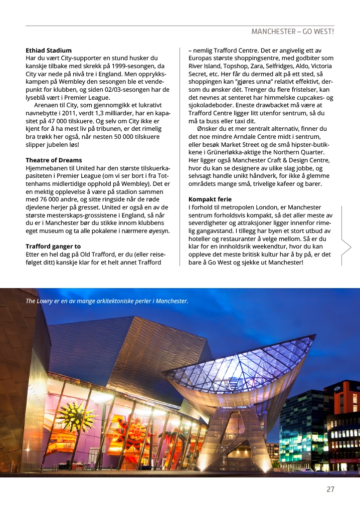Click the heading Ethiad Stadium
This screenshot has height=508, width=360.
[49, 51]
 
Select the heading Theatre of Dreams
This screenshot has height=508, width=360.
[54, 160]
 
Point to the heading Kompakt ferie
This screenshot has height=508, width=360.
[210, 199]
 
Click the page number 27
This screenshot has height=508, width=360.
[330, 489]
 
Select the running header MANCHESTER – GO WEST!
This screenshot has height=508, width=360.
[292, 32]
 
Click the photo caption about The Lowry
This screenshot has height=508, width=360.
[107, 301]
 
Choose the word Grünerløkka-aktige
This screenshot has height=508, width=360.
[235, 152]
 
